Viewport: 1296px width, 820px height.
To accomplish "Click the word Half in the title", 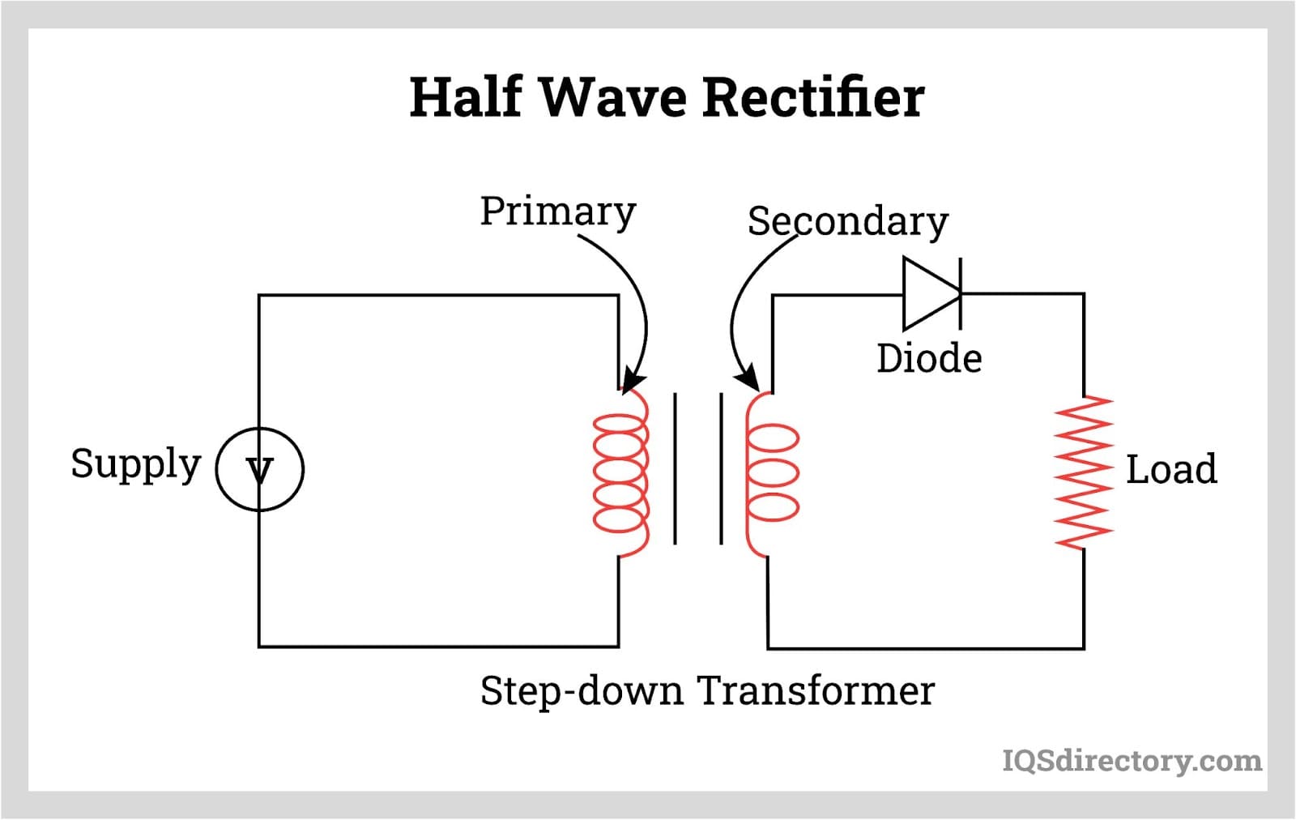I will click(466, 97).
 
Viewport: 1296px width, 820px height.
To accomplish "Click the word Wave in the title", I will click(612, 97).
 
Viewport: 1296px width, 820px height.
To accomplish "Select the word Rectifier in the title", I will click(812, 97).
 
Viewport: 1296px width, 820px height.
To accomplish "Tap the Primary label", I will click(557, 211).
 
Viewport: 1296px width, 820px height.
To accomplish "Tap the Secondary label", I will click(847, 221).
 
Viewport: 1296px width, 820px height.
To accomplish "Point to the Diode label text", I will click(929, 358).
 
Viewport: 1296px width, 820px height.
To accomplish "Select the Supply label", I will click(135, 464).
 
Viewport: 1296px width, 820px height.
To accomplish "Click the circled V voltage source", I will click(259, 469).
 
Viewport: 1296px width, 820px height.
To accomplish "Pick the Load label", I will click(1171, 469).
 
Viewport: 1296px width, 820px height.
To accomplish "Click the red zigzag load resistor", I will click(1083, 472).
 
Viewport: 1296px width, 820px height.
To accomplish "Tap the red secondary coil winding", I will click(770, 472).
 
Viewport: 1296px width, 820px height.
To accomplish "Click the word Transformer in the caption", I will click(816, 691).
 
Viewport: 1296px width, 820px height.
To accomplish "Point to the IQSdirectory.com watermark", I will click(1132, 760).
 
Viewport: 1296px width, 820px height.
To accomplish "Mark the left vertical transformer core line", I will click(675, 468).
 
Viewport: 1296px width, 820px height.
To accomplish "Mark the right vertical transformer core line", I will click(721, 468).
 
